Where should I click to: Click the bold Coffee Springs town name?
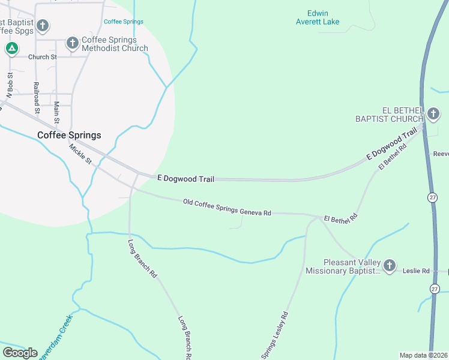coord(69,135)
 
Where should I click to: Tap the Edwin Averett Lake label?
coord(318,17)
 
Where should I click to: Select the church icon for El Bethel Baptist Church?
coord(433,113)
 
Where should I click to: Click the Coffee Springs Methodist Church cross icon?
coord(72,43)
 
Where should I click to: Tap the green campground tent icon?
coord(11,49)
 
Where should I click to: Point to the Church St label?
coord(42,57)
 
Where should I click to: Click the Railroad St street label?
coord(37,98)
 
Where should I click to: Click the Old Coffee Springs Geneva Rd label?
coord(227,208)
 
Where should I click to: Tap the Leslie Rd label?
coord(417,271)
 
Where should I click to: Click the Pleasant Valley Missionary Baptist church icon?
coord(390,265)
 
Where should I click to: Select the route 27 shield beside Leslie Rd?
coord(434,289)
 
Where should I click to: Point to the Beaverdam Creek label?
coord(54,338)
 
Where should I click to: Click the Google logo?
coord(20,352)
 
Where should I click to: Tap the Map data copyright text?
coord(423,355)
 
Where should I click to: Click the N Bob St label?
coord(10,85)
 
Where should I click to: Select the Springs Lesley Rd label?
coord(276,336)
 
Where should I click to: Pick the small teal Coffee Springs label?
coord(123,22)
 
